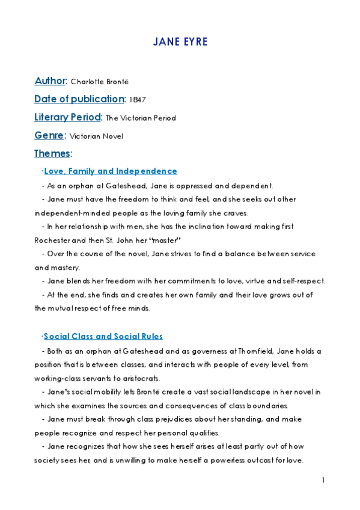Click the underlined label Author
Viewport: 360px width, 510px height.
pyautogui.click(x=50, y=81)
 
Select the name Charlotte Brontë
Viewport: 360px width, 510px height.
pyautogui.click(x=100, y=82)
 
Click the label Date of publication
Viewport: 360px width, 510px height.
pyautogui.click(x=79, y=99)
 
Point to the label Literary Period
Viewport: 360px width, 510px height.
pyautogui.click(x=68, y=117)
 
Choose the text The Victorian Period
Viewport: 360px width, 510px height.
pyautogui.click(x=141, y=118)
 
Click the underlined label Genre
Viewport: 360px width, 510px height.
pyautogui.click(x=49, y=135)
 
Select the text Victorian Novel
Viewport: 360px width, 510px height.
pyautogui.click(x=97, y=137)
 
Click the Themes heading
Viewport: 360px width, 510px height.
pyautogui.click(x=52, y=153)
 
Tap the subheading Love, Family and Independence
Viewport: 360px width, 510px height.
pyautogui.click(x=111, y=171)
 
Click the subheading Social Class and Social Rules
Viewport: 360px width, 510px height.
pyautogui.click(x=103, y=336)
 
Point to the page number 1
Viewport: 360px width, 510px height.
pyautogui.click(x=323, y=481)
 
